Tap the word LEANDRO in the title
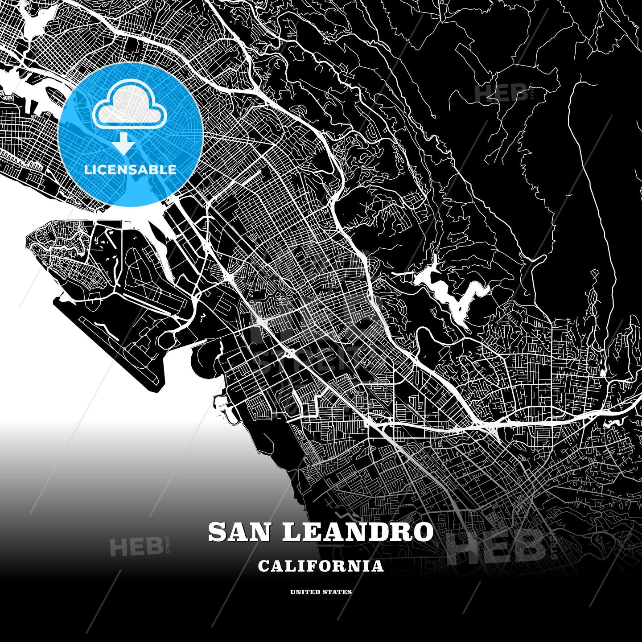point(358,532)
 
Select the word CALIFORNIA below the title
point(321,566)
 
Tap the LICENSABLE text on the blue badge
point(130,169)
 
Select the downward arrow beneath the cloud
point(123,144)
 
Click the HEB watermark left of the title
point(136,547)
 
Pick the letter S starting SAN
point(217,532)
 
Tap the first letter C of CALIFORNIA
point(263,566)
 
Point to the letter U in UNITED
point(293,592)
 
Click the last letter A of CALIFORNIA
point(378,566)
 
